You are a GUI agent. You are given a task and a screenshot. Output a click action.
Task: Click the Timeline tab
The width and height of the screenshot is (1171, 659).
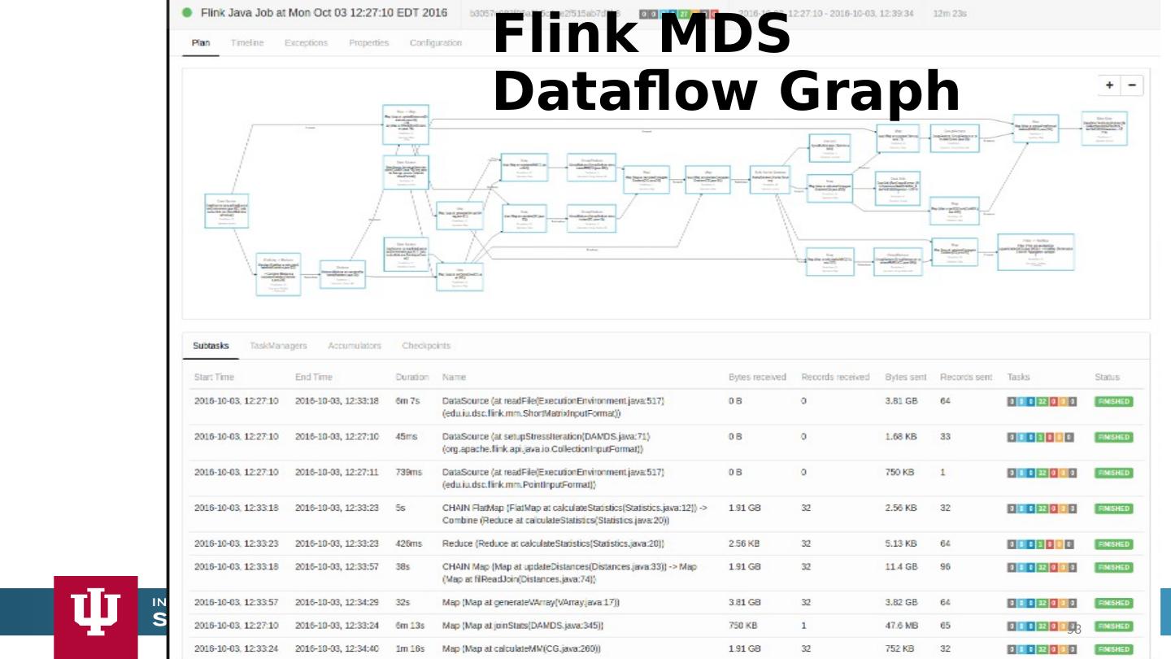point(246,43)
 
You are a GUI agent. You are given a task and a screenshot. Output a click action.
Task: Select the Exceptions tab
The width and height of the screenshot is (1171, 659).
point(306,43)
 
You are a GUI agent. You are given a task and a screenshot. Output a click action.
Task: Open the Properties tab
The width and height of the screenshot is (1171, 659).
point(368,43)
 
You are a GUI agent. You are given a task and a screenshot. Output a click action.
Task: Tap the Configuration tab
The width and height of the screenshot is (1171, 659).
point(436,43)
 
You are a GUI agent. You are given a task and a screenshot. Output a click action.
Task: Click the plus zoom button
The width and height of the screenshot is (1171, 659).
point(1110,85)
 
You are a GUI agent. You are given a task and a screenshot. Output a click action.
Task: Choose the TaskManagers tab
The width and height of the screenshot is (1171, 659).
point(278,346)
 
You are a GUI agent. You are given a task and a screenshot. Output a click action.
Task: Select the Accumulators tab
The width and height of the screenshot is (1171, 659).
point(354,346)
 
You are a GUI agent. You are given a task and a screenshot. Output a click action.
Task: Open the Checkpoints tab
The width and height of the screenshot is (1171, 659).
point(425,346)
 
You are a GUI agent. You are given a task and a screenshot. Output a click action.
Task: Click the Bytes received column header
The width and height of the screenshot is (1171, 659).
point(757,378)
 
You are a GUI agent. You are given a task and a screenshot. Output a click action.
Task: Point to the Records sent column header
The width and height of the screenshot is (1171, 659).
point(966,378)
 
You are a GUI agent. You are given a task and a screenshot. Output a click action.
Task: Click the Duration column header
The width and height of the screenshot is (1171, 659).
point(411,378)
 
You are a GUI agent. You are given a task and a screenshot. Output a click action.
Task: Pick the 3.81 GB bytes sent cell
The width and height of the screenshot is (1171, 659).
point(901,401)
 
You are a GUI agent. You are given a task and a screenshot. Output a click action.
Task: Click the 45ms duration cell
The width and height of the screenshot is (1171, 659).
point(406,437)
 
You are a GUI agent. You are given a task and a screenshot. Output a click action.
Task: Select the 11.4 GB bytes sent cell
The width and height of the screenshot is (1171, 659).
point(901,567)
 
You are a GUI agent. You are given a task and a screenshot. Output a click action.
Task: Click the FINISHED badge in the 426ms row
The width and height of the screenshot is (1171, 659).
point(1113,544)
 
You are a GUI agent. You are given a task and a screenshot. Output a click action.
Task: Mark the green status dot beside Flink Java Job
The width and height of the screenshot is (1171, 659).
point(187,13)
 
